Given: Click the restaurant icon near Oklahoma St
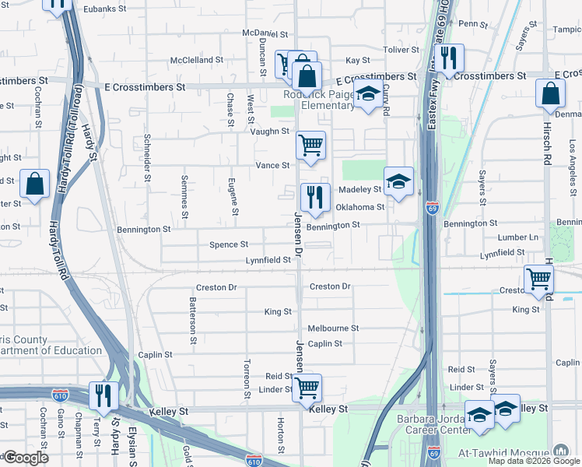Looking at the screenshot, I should pyautogui.click(x=315, y=198).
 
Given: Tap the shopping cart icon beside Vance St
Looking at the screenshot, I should pyautogui.click(x=310, y=145).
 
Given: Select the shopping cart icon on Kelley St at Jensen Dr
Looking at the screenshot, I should pyautogui.click(x=307, y=387).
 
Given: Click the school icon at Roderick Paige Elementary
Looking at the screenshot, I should pyautogui.click(x=368, y=95).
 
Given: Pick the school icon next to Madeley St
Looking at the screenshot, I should pyautogui.click(x=398, y=182).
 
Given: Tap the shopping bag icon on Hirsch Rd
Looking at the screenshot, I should pyautogui.click(x=550, y=93).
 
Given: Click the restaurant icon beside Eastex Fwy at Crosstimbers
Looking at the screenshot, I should pyautogui.click(x=447, y=58).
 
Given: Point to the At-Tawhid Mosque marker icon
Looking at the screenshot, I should pyautogui.click(x=561, y=451).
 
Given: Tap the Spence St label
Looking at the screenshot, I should pyautogui.click(x=229, y=244).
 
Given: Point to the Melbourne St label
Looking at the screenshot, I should pyautogui.click(x=333, y=328).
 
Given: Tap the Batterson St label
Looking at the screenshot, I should pyautogui.click(x=191, y=314).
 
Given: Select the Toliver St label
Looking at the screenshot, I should pyautogui.click(x=401, y=49).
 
